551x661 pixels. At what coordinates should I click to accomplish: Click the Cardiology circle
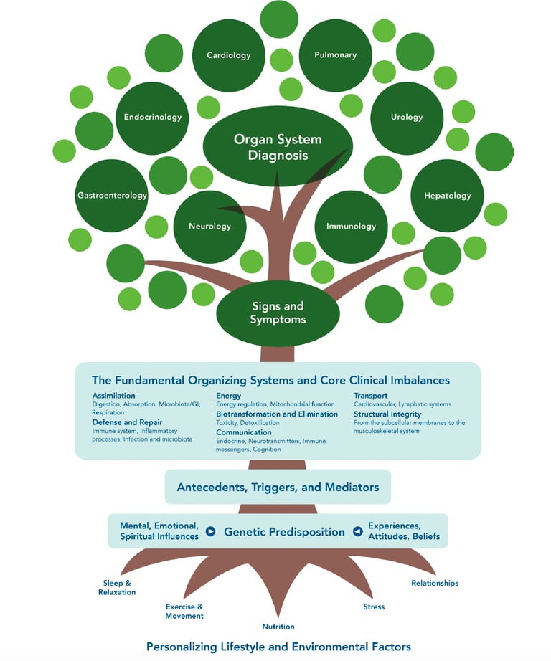pyautogui.click(x=228, y=55)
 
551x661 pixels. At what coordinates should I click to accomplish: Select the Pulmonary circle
pyautogui.click(x=335, y=55)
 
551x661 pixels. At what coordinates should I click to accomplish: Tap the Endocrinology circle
pyautogui.click(x=152, y=117)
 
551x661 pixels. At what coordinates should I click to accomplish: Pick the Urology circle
pyautogui.click(x=407, y=117)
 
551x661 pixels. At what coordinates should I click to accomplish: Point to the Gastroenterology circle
pyautogui.click(x=112, y=195)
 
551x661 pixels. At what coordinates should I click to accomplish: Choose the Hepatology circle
pyautogui.click(x=447, y=195)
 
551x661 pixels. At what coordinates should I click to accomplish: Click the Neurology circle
pyautogui.click(x=209, y=227)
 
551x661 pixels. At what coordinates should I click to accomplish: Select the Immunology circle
pyautogui.click(x=351, y=227)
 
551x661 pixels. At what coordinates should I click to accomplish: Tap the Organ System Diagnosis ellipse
pyautogui.click(x=277, y=146)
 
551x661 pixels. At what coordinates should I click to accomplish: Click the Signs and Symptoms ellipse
pyautogui.click(x=277, y=313)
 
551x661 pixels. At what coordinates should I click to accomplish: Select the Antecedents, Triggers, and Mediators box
pyautogui.click(x=278, y=488)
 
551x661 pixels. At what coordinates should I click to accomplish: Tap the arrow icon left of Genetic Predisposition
pyautogui.click(x=210, y=532)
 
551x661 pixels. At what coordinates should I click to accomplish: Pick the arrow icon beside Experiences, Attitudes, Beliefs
pyautogui.click(x=357, y=532)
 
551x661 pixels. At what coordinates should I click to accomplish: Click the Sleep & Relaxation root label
pyautogui.click(x=117, y=588)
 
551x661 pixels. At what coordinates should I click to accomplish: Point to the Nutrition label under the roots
pyautogui.click(x=278, y=627)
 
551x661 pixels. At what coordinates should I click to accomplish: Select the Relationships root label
pyautogui.click(x=434, y=583)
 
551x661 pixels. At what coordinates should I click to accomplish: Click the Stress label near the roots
pyautogui.click(x=374, y=607)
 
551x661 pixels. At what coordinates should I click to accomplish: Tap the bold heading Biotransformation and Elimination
pyautogui.click(x=277, y=414)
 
